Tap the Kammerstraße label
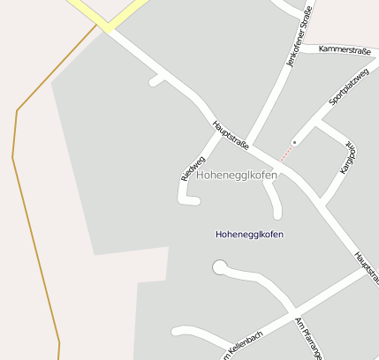(x=344, y=50)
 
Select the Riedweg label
(x=192, y=168)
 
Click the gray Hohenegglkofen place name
(x=236, y=175)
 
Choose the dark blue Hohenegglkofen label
(x=250, y=234)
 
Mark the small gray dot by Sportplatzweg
(x=294, y=141)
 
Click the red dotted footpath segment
(x=286, y=154)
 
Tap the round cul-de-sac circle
(x=219, y=266)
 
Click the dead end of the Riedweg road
(x=195, y=201)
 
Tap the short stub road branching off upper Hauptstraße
(x=157, y=80)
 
